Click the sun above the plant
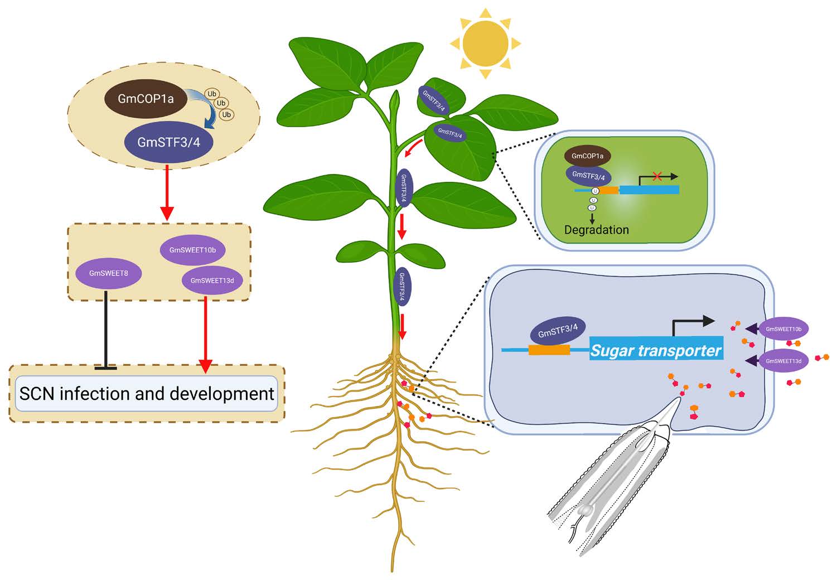point(485,43)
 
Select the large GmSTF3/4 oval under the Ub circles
point(168,142)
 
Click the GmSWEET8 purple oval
point(109,273)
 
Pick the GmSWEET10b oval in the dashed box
point(192,250)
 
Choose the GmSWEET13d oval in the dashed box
point(212,281)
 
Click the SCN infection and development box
point(147,394)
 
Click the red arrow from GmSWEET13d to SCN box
point(206,335)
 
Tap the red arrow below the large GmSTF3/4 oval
point(167,192)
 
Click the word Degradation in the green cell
point(596,230)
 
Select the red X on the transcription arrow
point(657,176)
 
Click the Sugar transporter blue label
point(656,350)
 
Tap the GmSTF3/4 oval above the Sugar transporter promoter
point(558,331)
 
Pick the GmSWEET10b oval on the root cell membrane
point(783,329)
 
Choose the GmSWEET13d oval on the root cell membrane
point(783,361)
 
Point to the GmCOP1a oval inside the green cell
point(587,156)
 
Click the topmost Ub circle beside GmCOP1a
point(212,94)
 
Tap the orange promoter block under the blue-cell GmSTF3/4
point(549,350)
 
